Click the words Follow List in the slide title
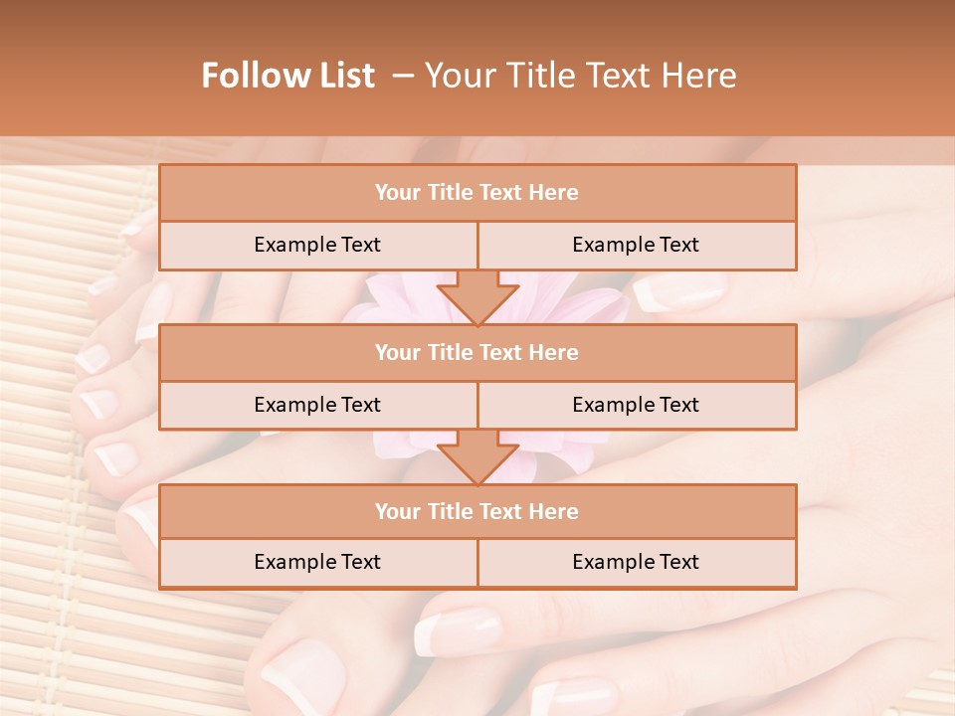pyautogui.click(x=287, y=76)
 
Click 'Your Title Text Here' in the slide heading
pyautogui.click(x=580, y=76)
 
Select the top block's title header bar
pyautogui.click(x=477, y=193)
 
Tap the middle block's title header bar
pyautogui.click(x=477, y=352)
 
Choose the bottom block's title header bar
pyautogui.click(x=477, y=511)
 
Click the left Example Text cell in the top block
pyautogui.click(x=317, y=246)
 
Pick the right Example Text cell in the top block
pyautogui.click(x=636, y=246)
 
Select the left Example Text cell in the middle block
pyautogui.click(x=317, y=405)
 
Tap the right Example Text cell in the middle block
pyautogui.click(x=636, y=405)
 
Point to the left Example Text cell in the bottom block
pyautogui.click(x=317, y=563)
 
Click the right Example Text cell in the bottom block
pyautogui.click(x=636, y=563)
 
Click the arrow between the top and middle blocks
pyautogui.click(x=477, y=296)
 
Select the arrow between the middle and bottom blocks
pyautogui.click(x=477, y=456)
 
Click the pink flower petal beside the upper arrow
pyautogui.click(x=398, y=292)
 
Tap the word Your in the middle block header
pyautogui.click(x=397, y=352)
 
